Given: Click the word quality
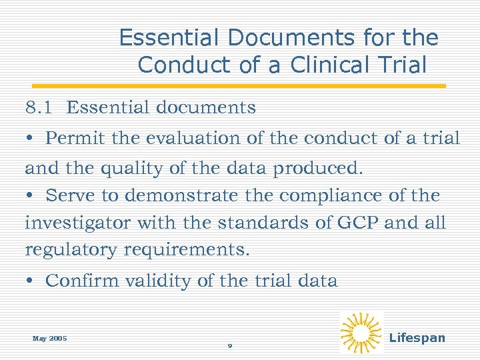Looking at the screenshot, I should pyautogui.click(x=127, y=169).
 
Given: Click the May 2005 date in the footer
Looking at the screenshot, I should pyautogui.click(x=49, y=338).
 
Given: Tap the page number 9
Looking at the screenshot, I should pyautogui.click(x=229, y=346).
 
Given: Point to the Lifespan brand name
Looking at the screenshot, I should pyautogui.click(x=417, y=338).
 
